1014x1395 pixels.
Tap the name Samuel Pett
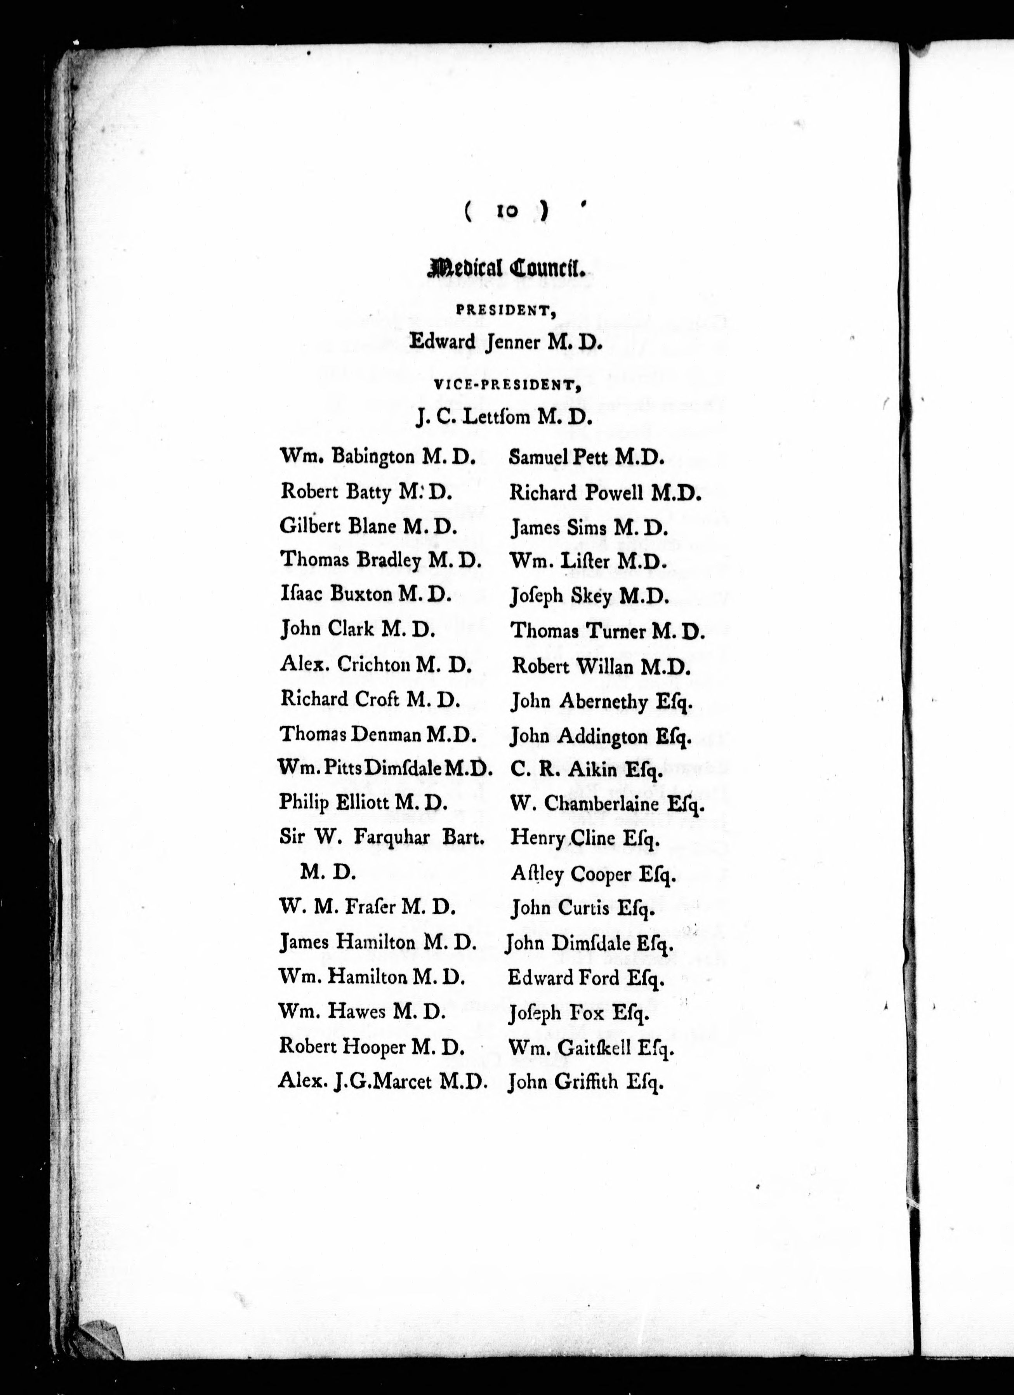(559, 457)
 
